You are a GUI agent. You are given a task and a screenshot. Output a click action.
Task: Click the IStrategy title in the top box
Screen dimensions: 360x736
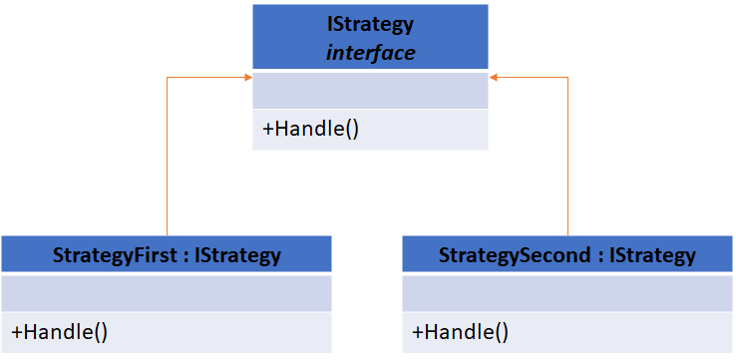click(x=370, y=23)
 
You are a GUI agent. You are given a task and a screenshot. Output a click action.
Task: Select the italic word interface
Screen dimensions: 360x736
click(x=370, y=53)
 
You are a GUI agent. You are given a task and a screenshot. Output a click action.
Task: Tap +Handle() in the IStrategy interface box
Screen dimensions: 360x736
click(x=309, y=130)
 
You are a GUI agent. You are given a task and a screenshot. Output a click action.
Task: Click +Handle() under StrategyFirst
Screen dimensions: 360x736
click(x=59, y=333)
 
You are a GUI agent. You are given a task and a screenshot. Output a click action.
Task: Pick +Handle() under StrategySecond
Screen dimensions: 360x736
click(x=460, y=333)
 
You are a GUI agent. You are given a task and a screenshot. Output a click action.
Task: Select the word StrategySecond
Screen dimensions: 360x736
click(x=517, y=255)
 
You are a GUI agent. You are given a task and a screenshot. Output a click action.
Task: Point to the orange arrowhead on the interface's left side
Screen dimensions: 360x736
click(x=247, y=76)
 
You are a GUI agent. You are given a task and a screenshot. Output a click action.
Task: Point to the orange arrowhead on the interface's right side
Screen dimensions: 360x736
click(x=493, y=76)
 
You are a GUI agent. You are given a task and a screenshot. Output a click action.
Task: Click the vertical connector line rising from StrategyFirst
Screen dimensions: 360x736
click(x=167, y=160)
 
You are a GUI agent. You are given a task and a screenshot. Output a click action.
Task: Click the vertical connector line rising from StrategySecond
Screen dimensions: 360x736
click(x=567, y=160)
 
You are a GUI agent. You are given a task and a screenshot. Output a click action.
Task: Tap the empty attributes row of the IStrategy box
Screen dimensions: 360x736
click(x=370, y=91)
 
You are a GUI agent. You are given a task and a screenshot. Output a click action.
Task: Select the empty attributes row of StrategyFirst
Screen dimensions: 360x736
click(x=166, y=294)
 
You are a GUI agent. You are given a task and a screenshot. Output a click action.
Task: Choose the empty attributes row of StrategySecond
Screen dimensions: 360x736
click(x=567, y=294)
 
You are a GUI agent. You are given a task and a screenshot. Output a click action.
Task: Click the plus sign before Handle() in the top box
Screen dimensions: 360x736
click(x=267, y=130)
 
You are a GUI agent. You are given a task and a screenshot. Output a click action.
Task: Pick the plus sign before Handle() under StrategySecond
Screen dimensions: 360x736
click(x=418, y=333)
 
